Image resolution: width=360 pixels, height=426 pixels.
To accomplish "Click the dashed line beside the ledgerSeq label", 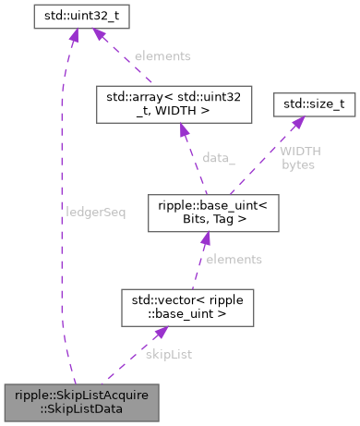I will tap(62, 212).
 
